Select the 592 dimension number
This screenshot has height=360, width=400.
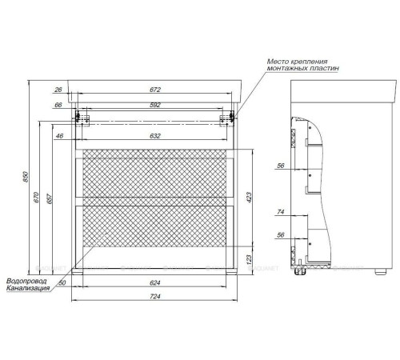pos(153,106)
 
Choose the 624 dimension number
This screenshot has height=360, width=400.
pos(153,282)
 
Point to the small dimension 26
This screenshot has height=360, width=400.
pos(59,90)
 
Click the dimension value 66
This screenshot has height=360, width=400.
pos(59,106)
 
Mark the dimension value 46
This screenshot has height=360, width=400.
pos(59,137)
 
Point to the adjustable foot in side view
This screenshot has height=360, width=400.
pos(302,273)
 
